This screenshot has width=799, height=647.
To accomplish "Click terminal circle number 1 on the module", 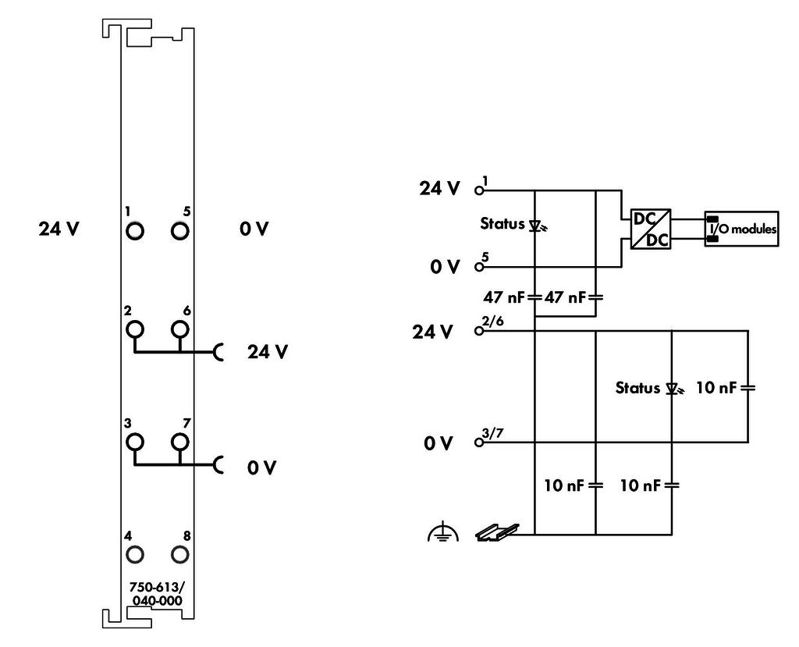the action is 134,231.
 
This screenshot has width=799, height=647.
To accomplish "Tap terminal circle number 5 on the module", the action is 180,231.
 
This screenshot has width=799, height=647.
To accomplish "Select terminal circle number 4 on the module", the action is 134,554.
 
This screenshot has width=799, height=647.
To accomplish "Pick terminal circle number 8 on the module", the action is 180,554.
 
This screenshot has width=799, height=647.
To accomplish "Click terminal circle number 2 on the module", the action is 134,329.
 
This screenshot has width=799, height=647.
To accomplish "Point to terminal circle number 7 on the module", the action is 180,442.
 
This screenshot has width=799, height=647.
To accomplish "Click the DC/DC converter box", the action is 651,229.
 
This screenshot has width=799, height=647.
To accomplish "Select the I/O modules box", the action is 741,229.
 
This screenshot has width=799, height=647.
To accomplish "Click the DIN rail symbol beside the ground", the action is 497,532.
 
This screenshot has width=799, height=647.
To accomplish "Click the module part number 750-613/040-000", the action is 156,593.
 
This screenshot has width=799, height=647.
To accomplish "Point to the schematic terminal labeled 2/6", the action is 478,331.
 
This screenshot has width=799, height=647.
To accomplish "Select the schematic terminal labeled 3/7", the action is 478,443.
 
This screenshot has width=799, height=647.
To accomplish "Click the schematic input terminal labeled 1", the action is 478,190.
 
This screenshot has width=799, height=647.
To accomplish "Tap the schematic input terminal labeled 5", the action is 478,267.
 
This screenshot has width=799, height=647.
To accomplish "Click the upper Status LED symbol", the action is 537,226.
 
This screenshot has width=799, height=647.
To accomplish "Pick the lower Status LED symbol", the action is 674,390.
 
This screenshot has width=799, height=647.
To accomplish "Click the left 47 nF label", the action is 503,297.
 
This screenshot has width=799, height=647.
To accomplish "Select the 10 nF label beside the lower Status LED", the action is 716,388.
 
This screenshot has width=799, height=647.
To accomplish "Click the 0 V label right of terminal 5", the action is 254,229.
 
